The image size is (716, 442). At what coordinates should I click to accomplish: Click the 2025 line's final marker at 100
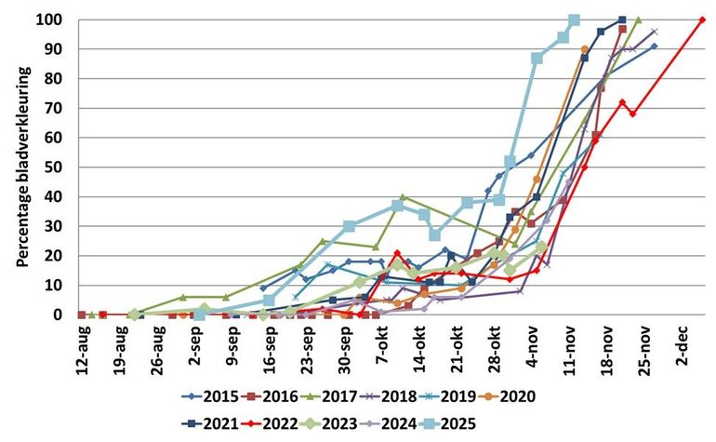[574, 20]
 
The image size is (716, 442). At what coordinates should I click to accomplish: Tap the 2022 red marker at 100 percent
[703, 20]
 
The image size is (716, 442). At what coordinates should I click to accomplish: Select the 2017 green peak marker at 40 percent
[403, 196]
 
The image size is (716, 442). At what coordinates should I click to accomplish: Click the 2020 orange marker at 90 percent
[585, 49]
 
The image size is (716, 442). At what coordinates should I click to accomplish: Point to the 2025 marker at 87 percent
[537, 58]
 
